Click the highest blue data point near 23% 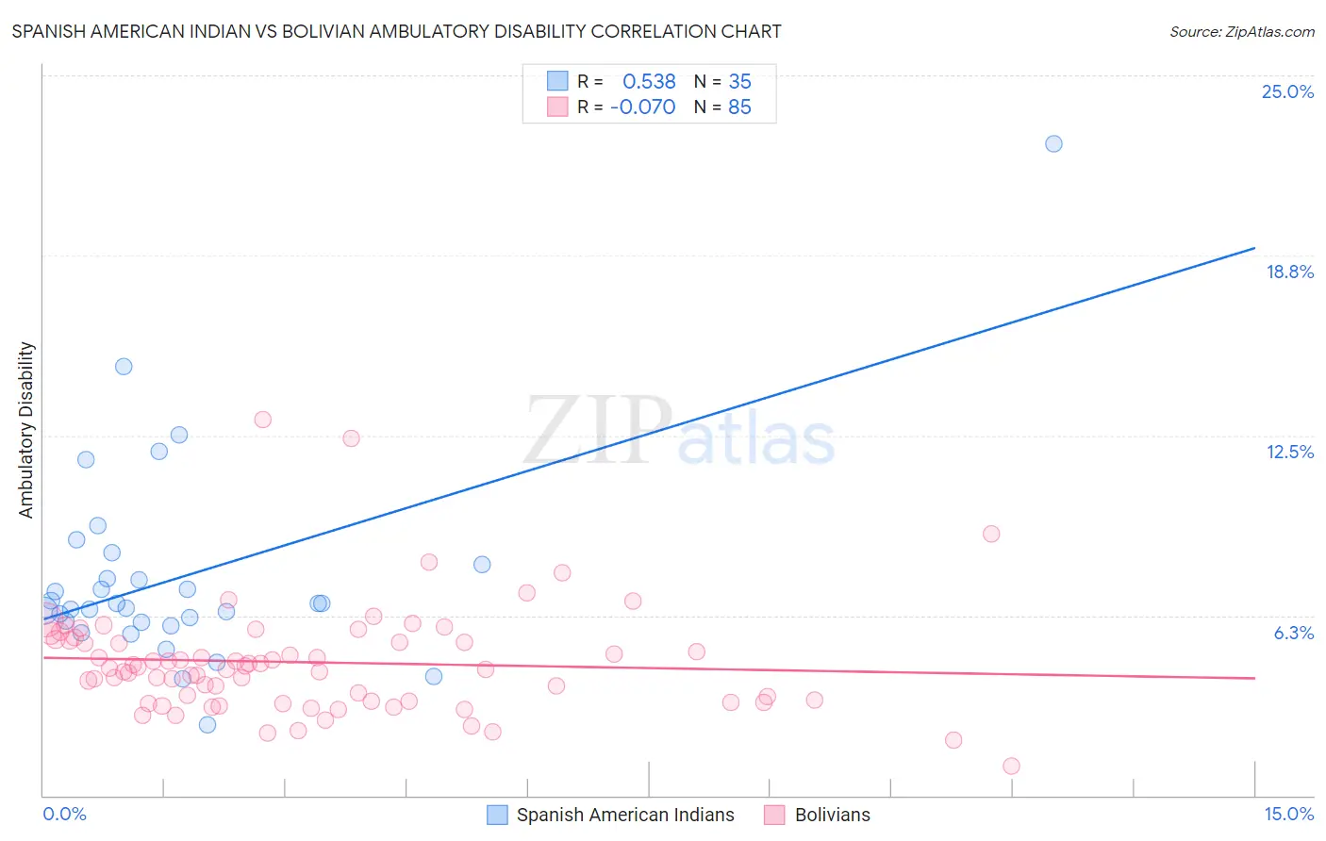[1053, 143]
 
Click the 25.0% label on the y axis [1286, 91]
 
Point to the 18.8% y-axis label [1288, 272]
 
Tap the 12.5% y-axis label [1288, 452]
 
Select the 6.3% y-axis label [1293, 633]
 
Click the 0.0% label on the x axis [64, 814]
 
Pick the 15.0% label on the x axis [1287, 814]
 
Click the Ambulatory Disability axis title [26, 429]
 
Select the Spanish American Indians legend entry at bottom [624, 815]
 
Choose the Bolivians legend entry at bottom [832, 815]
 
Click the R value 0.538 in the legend [649, 82]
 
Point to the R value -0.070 [642, 107]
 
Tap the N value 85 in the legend [739, 107]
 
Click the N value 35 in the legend [739, 82]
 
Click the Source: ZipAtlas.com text [1241, 32]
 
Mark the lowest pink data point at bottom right [1011, 766]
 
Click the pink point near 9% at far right [990, 534]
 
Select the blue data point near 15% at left [124, 366]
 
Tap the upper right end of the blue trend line [1254, 248]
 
